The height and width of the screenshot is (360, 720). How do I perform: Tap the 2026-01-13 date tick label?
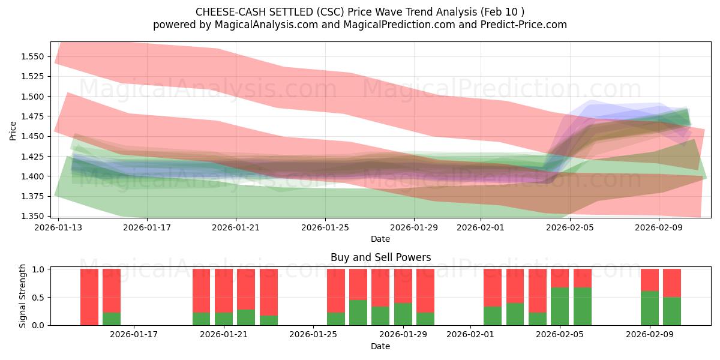(x=58, y=227)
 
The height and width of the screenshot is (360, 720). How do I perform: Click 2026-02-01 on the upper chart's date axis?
(x=480, y=227)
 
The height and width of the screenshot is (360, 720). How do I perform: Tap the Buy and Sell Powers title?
(x=380, y=257)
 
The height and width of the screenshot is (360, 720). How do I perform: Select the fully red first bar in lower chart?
(x=89, y=297)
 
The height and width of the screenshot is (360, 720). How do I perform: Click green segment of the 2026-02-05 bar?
(x=560, y=306)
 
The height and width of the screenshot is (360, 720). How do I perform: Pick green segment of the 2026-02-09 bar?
(x=650, y=308)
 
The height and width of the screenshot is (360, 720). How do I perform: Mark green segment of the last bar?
(x=672, y=311)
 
